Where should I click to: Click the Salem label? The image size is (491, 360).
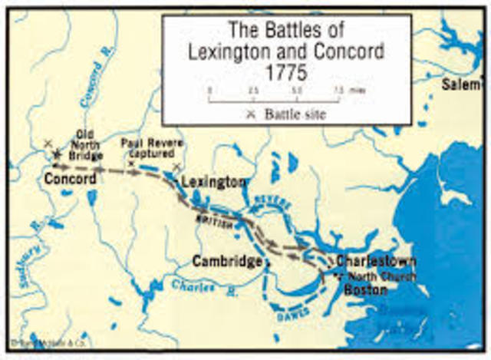coord(463,84)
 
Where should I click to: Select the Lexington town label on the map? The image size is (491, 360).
coord(214,183)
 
